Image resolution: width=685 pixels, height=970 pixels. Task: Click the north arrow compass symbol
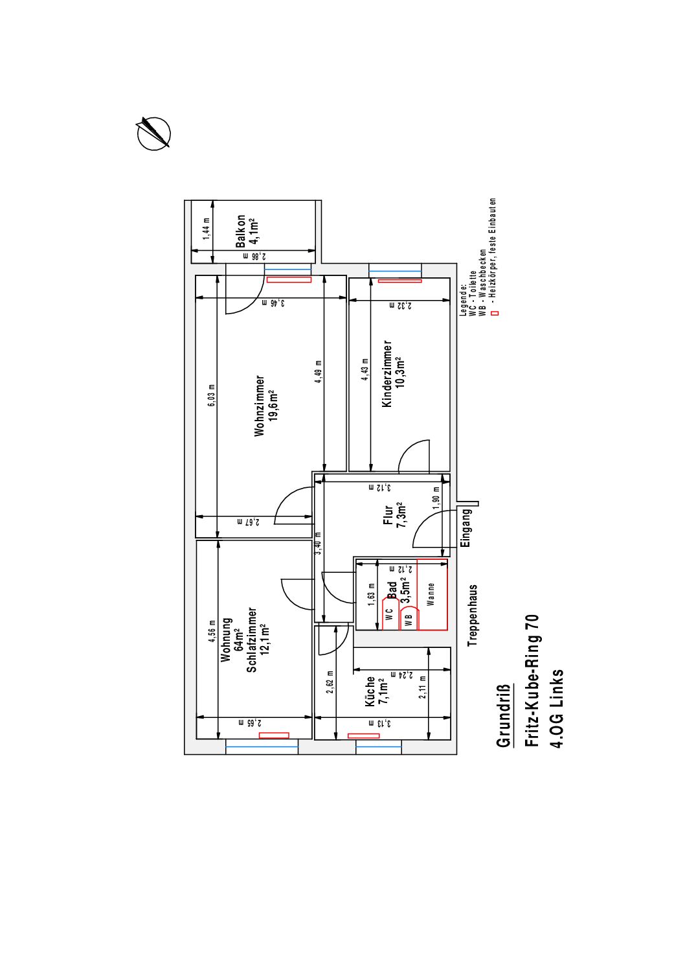pyautogui.click(x=153, y=133)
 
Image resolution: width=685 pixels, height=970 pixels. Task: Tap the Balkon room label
pyautogui.click(x=241, y=231)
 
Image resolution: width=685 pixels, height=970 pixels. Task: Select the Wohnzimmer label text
pyautogui.click(x=259, y=406)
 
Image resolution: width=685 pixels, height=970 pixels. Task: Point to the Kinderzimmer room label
pyautogui.click(x=387, y=373)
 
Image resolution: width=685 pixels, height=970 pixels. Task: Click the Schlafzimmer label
pyautogui.click(x=251, y=640)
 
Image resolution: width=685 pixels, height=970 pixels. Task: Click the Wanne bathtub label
pyautogui.click(x=430, y=594)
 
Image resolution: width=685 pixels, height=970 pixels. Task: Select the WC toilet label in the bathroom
pyautogui.click(x=389, y=614)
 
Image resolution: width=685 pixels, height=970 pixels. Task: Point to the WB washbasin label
pyautogui.click(x=409, y=620)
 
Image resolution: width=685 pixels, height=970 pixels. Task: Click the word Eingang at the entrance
pyautogui.click(x=466, y=528)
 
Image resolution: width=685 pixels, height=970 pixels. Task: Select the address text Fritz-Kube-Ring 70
pyautogui.click(x=532, y=680)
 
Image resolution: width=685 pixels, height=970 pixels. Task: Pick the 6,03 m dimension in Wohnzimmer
pyautogui.click(x=212, y=395)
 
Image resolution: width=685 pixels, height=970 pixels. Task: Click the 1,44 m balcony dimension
pyautogui.click(x=207, y=229)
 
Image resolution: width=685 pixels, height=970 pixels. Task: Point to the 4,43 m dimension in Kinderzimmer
pyautogui.click(x=365, y=369)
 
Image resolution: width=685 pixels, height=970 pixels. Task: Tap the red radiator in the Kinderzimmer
pyautogui.click(x=400, y=281)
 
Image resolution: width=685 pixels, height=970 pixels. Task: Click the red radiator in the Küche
pyautogui.click(x=363, y=735)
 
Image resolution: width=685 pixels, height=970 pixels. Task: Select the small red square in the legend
pyautogui.click(x=497, y=313)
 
